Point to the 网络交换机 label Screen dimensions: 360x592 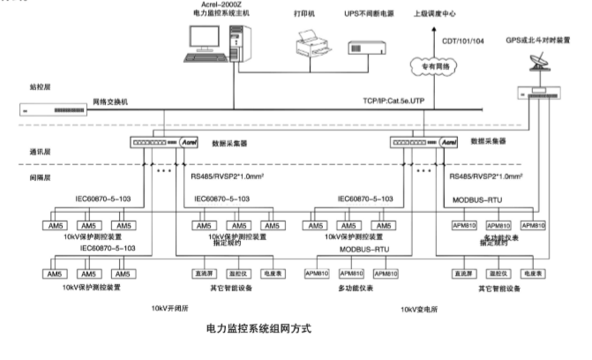click(x=111, y=103)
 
